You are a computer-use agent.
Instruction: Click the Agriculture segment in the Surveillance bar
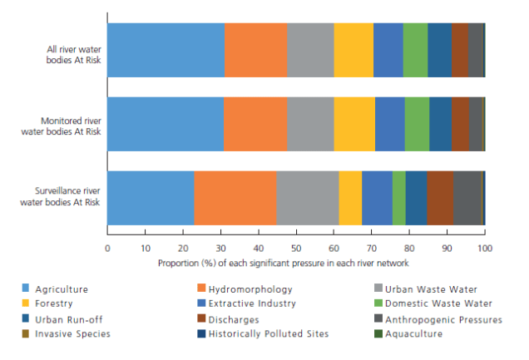[151, 198]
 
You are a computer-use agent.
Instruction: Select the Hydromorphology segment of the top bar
[255, 50]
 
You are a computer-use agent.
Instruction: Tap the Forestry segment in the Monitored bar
[354, 124]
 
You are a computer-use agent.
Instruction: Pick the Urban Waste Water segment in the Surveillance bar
[307, 198]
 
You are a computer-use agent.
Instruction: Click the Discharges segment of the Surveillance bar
[440, 198]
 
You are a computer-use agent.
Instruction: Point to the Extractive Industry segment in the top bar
[388, 50]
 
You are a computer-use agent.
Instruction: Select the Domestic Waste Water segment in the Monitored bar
[417, 124]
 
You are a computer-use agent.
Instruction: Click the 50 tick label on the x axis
[296, 248]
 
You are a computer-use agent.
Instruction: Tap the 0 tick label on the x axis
[107, 248]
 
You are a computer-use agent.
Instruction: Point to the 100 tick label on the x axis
[485, 248]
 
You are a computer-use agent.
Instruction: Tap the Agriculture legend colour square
[26, 289]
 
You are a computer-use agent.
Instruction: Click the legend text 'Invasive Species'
[73, 334]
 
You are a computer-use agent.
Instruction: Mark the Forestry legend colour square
[26, 304]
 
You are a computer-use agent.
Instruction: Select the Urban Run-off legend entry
[69, 319]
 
